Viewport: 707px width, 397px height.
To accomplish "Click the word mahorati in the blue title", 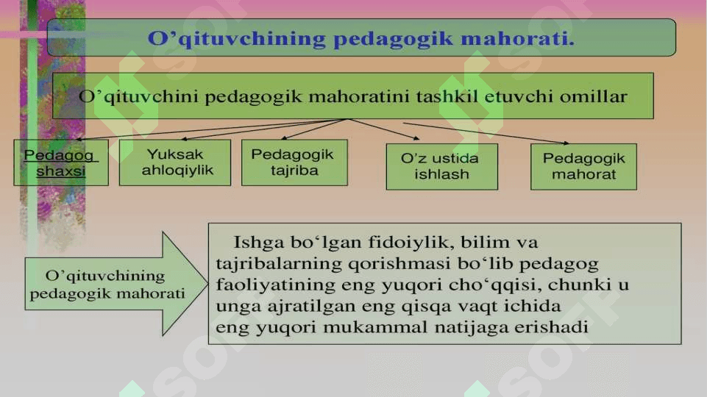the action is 517,38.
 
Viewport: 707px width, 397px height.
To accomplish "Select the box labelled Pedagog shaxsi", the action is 61,162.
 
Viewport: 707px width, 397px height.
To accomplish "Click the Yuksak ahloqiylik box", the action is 175,162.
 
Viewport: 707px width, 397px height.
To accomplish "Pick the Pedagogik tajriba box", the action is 294,162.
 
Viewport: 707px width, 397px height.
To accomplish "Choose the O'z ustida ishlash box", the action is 442,167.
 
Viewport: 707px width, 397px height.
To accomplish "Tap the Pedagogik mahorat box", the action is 583,167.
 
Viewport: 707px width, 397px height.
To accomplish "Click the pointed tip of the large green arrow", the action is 207,284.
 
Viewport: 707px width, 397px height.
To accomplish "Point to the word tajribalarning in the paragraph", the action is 279,264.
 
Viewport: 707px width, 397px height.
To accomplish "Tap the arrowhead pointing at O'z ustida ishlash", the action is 416,138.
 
